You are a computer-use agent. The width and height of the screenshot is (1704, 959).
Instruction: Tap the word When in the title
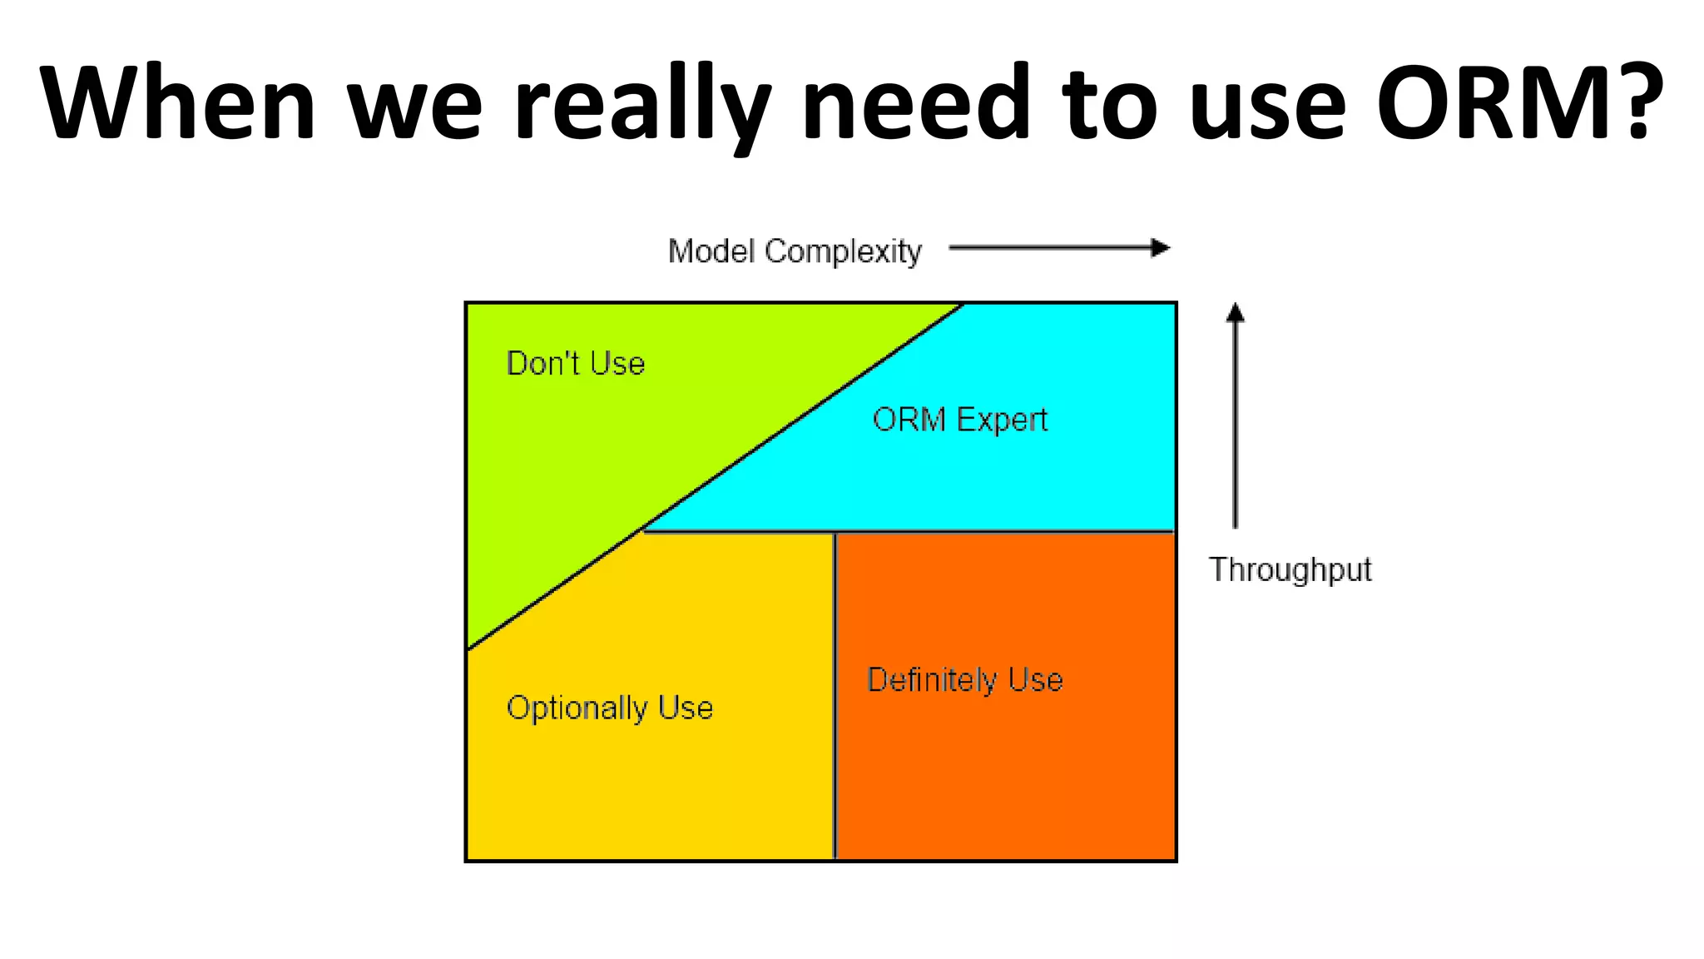point(177,102)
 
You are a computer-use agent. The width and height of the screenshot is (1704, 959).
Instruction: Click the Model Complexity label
point(795,251)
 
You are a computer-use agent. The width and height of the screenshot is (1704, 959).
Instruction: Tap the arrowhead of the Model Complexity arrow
point(1161,248)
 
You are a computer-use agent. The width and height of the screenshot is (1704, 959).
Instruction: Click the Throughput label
point(1290,570)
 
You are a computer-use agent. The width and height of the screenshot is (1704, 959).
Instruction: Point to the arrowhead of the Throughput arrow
point(1236,312)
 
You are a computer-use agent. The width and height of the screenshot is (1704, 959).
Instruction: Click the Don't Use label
point(576,364)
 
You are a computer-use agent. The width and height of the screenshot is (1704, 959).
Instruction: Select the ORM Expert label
point(959,420)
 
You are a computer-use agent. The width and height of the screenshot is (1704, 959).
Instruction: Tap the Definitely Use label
point(964,680)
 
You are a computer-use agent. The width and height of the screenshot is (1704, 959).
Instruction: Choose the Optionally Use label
point(610,708)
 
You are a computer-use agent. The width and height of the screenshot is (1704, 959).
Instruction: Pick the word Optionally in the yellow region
point(577,708)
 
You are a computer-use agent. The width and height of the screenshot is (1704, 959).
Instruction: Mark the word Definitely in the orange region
point(931,680)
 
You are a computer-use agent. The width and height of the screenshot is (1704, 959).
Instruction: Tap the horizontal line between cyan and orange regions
point(998,531)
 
